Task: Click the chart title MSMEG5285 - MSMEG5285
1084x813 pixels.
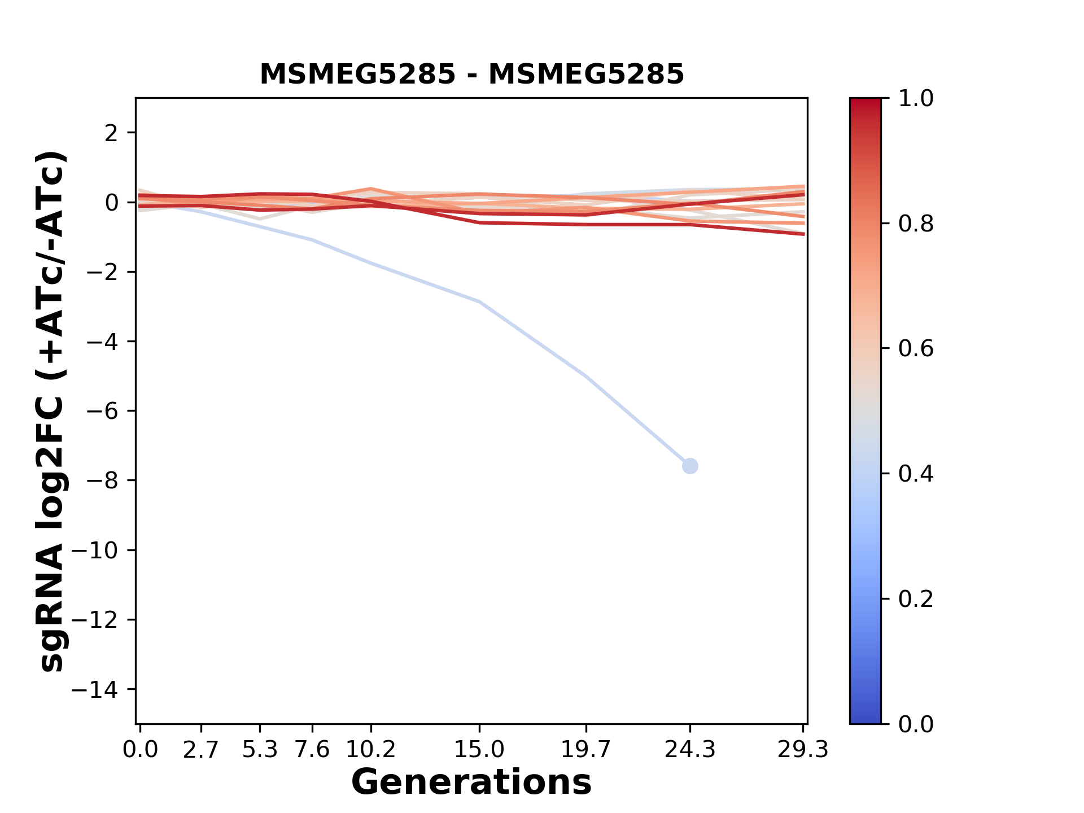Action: pos(471,75)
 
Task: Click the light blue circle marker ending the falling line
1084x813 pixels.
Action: pos(689,466)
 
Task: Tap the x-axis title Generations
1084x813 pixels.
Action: pos(471,783)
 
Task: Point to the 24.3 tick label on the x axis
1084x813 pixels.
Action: pos(689,750)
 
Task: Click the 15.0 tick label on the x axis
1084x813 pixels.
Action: pos(479,750)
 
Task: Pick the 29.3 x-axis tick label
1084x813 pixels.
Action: pos(802,750)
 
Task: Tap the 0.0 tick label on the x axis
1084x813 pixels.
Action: pos(141,750)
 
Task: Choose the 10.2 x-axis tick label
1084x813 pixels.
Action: pos(370,750)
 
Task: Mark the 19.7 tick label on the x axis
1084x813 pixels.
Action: pos(585,750)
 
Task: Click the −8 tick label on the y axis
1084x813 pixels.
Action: pos(102,480)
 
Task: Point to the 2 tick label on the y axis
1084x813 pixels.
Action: pos(111,133)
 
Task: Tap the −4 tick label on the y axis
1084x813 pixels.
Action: pos(102,342)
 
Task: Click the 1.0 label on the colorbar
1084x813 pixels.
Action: pos(916,99)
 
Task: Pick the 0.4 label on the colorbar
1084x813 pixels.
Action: pos(916,474)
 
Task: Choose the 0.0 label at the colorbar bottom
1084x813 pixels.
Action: pos(916,724)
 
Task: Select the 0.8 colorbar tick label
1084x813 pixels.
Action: pos(916,224)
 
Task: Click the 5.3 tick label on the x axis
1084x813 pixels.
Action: pos(260,750)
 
